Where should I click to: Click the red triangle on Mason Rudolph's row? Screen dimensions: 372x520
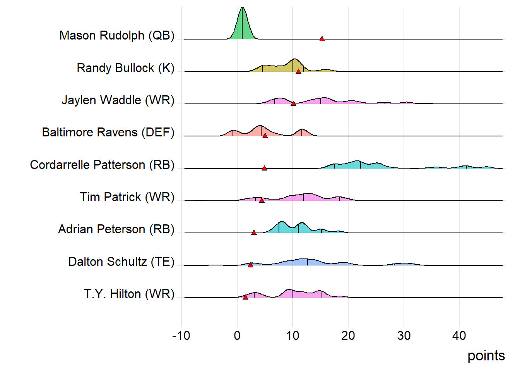click(322, 39)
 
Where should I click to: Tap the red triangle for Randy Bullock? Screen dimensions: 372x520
click(298, 71)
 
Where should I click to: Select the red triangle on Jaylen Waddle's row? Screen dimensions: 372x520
click(293, 103)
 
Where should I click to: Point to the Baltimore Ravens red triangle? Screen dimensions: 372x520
click(265, 136)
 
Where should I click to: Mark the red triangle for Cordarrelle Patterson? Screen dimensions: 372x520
click(264, 168)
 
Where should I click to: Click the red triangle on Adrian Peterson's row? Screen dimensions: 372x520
click(254, 232)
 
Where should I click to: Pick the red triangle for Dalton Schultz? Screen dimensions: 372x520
click(250, 265)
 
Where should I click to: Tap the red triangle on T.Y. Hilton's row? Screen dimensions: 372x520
click(245, 297)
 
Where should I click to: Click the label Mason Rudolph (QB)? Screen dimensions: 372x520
click(117, 35)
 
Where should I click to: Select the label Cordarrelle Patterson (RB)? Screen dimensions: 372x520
click(102, 165)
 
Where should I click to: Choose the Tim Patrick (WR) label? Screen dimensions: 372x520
click(127, 197)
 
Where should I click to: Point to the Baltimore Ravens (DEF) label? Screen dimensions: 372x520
click(108, 132)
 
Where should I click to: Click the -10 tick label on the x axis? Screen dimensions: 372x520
click(181, 336)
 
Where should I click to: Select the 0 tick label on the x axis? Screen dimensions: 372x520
click(237, 336)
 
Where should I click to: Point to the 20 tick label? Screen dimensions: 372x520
click(348, 336)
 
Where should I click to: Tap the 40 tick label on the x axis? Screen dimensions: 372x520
click(459, 336)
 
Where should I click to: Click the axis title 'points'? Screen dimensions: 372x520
click(486, 356)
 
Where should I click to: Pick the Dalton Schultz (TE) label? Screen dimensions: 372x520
click(121, 262)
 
